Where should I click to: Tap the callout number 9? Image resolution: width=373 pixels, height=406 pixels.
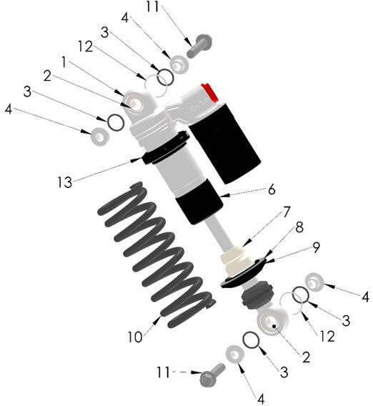(x=316, y=251)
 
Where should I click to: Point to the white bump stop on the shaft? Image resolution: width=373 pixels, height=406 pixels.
(x=235, y=254)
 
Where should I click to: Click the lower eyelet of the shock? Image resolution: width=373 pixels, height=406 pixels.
(x=270, y=323)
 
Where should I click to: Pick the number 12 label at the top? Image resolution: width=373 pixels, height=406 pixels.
(x=84, y=46)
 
